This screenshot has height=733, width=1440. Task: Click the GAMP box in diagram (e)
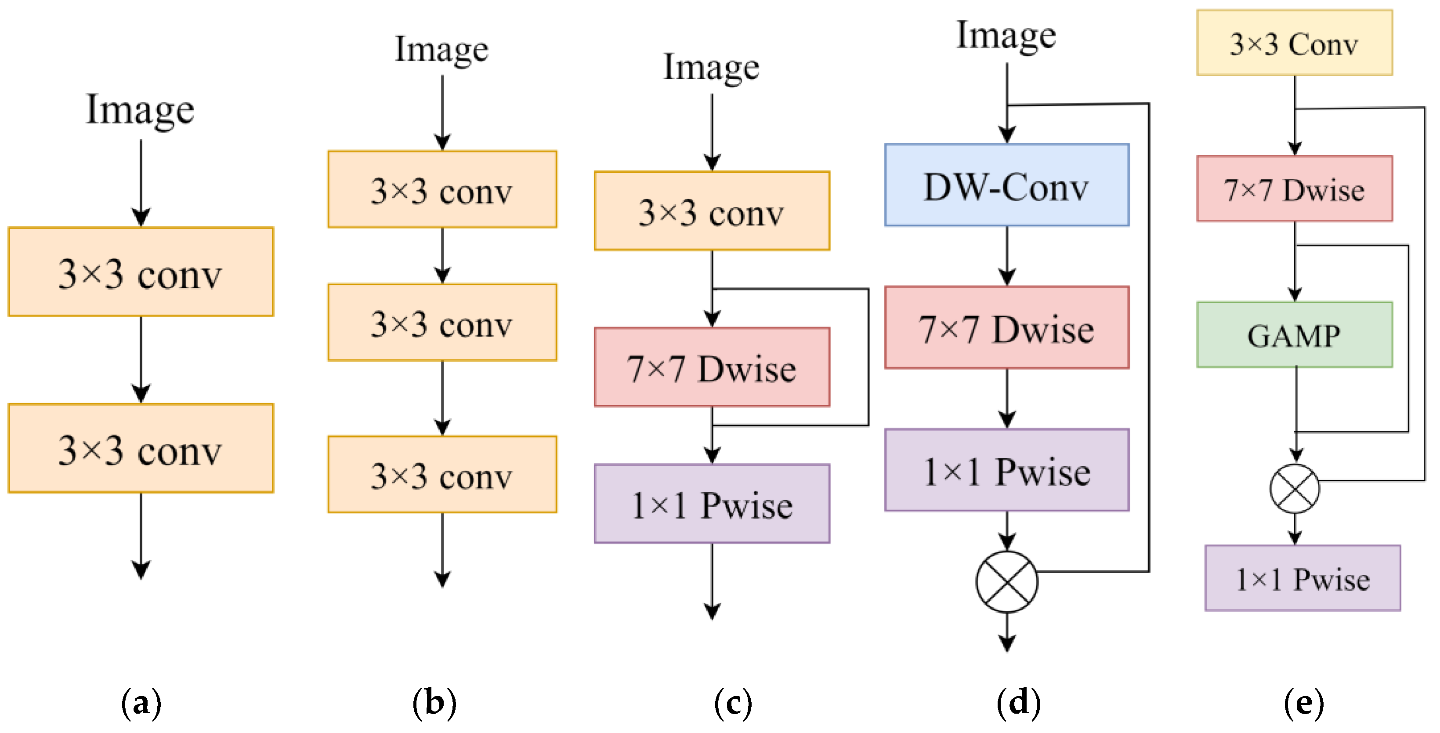(1294, 335)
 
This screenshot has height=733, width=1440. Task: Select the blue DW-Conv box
(1006, 185)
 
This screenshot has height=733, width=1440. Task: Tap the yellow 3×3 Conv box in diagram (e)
(1294, 43)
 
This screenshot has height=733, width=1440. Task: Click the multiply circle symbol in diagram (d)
(1007, 581)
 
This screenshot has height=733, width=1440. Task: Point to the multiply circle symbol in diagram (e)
(1295, 489)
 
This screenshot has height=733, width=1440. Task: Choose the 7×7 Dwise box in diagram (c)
(712, 367)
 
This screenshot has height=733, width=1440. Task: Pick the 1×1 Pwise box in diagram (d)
(1006, 470)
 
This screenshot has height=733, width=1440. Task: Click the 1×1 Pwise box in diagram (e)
(1303, 578)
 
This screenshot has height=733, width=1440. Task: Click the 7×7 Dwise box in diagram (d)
(1006, 328)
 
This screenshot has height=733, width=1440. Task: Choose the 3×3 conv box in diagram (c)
(712, 211)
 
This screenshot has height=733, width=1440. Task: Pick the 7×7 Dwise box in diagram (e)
(1294, 189)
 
